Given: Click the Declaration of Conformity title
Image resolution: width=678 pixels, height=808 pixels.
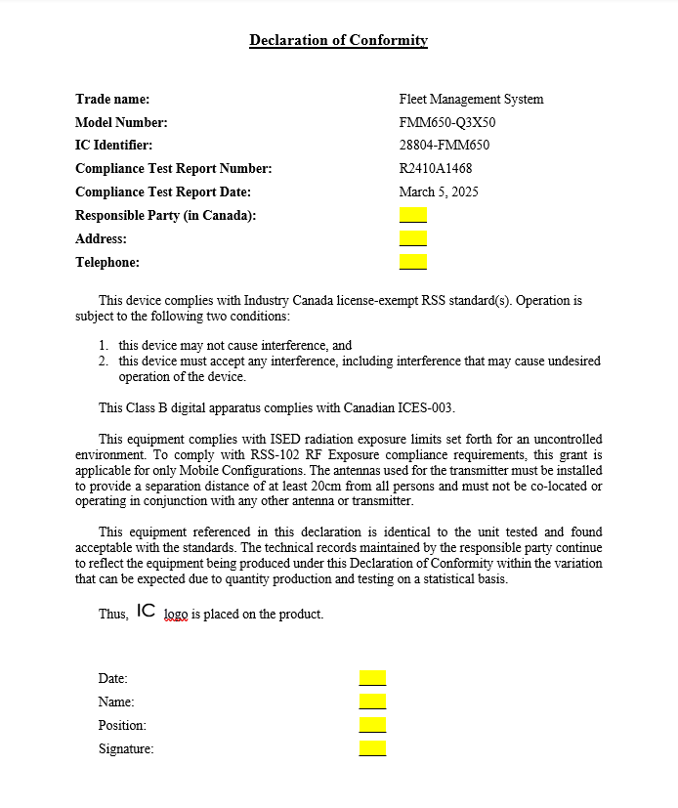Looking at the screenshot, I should [338, 40].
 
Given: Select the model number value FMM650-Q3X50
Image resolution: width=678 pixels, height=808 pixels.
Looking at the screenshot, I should [441, 122].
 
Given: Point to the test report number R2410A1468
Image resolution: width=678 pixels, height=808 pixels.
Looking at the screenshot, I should [436, 169].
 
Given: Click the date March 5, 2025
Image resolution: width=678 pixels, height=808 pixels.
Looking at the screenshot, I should [439, 192].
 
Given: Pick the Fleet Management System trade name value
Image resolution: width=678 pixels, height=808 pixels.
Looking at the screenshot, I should [471, 99].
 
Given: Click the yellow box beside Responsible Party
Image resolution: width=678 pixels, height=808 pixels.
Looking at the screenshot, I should [413, 215].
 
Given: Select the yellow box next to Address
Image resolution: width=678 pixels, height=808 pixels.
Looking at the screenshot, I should [413, 238].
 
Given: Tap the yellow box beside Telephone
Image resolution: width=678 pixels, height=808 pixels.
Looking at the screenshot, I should [413, 262].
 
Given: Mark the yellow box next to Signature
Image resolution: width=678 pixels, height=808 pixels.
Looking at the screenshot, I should [372, 748].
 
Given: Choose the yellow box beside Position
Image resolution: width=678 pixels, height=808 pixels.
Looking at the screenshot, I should [372, 725].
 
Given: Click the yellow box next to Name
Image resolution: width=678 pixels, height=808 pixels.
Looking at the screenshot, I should [372, 702].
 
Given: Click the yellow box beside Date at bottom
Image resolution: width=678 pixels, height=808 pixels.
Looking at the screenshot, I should [372, 678].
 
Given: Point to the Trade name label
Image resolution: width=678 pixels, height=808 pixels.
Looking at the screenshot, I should [112, 99].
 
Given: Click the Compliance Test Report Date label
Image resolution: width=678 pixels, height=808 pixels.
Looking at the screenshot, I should [163, 192].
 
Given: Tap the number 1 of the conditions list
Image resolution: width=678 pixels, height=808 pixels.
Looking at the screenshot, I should [103, 346].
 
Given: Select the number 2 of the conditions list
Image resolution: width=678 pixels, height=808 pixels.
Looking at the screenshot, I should [103, 361].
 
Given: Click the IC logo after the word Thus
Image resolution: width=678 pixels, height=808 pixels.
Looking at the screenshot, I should [146, 612].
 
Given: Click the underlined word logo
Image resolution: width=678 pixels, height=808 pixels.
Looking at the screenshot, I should [175, 615].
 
